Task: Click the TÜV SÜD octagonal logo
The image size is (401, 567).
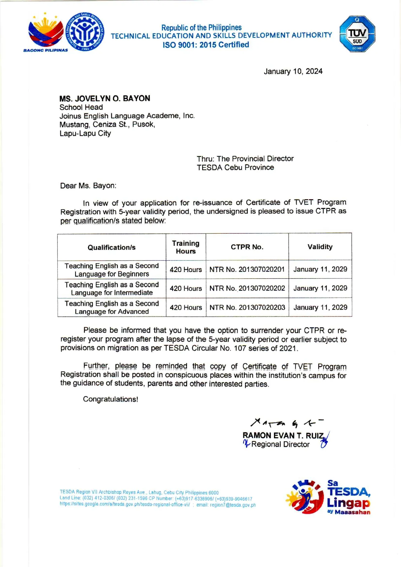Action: coord(357,34)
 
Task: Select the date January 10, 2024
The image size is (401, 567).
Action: coord(293,71)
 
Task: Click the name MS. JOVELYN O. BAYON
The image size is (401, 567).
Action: coord(105,98)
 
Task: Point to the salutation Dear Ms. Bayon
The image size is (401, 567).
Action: coord(88,186)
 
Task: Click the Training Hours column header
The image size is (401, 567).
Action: coord(186,247)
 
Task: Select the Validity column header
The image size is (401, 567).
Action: coord(320,247)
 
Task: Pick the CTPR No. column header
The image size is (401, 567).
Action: coord(247,247)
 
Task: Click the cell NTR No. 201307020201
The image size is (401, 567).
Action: coord(247,269)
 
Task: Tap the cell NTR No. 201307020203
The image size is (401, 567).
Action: coord(247,307)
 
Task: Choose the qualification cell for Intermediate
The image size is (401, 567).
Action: coord(112,289)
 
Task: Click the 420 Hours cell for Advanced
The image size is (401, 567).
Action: coord(186,307)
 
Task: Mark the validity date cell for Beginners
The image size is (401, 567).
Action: coord(320,269)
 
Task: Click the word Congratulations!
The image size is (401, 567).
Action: coord(111,399)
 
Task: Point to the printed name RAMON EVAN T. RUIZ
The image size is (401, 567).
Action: coord(283,436)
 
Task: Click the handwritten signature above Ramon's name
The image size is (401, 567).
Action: coord(286,422)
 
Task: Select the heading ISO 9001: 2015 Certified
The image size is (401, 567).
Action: coord(206,45)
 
